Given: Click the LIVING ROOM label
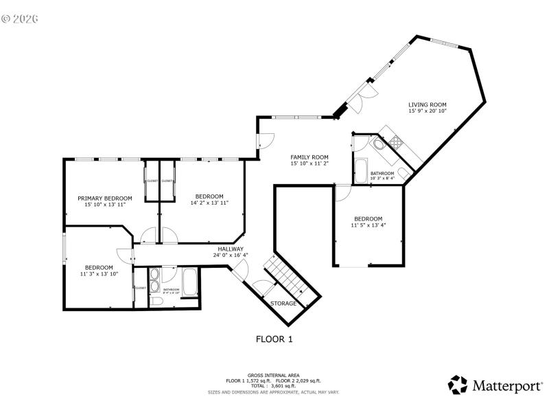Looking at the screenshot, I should (428, 104).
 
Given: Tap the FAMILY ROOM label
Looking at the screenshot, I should (309, 157).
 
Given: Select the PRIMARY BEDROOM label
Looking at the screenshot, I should (104, 198).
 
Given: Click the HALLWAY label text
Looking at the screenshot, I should (231, 249).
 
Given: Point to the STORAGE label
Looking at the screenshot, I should (283, 304).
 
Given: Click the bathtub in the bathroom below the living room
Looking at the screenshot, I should (361, 171).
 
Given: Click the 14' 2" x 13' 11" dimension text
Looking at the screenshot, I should (209, 203).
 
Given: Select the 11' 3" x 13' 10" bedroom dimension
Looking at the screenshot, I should (99, 274).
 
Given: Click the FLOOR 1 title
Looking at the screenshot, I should (274, 339).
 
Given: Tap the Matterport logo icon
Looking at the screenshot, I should (458, 385).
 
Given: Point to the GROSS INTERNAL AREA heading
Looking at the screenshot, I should (274, 375).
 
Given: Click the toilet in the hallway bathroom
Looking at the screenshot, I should (156, 301).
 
